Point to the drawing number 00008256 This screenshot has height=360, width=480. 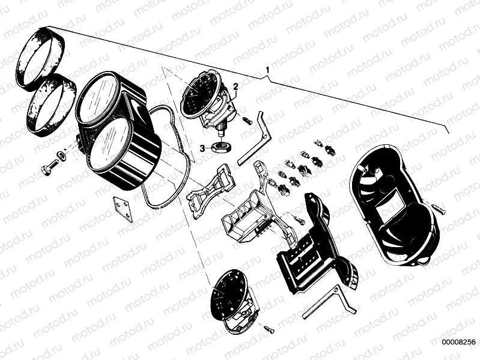tap(458, 342)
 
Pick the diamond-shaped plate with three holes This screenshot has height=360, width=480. tap(123, 209)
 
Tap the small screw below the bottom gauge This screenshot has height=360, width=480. tap(268, 329)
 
